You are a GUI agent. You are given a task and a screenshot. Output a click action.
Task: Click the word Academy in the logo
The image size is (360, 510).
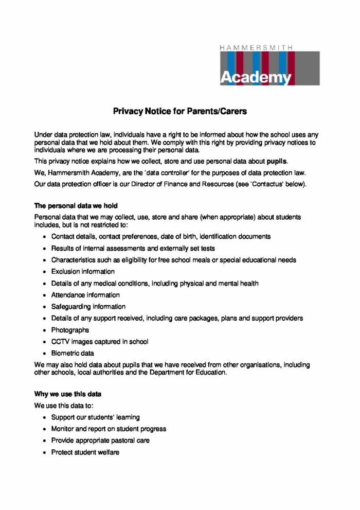click(x=256, y=77)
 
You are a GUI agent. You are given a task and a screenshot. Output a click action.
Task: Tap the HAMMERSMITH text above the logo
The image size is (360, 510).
click(x=257, y=47)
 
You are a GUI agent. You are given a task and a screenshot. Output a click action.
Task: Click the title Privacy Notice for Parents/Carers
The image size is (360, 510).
click(x=180, y=111)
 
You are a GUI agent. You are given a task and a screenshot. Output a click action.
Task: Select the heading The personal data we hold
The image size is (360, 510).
click(x=76, y=206)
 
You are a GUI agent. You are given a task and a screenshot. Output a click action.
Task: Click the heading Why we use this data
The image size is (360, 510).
click(x=67, y=394)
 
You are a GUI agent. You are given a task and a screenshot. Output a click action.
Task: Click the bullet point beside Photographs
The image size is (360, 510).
click(x=45, y=330)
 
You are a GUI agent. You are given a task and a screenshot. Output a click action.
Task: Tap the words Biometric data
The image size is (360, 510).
click(x=73, y=354)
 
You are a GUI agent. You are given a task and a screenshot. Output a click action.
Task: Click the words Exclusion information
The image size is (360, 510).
click(x=83, y=272)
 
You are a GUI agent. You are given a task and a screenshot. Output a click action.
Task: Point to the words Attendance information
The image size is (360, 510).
click(x=85, y=295)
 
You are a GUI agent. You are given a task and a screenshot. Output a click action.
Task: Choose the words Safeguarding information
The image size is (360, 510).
click(x=88, y=307)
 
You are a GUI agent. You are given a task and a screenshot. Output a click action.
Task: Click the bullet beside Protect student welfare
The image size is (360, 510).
click(x=45, y=453)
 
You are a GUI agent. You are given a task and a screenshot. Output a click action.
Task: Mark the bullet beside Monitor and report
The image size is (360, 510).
click(x=45, y=429)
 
